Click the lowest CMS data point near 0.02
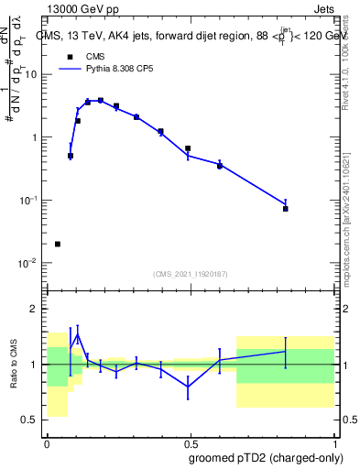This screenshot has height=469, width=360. tap(58, 244)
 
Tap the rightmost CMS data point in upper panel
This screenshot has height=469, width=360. tap(285, 209)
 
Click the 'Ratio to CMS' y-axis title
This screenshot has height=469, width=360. tap(16, 365)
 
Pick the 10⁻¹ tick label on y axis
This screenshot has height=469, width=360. tap(29, 201)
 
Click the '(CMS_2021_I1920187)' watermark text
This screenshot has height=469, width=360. tap(191, 273)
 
